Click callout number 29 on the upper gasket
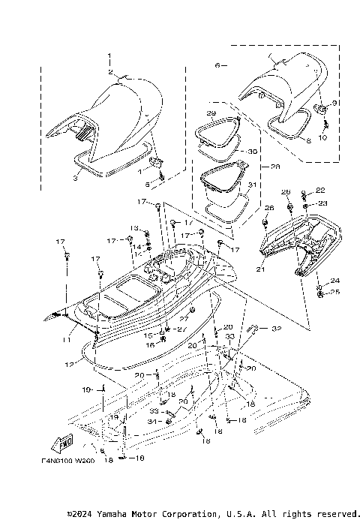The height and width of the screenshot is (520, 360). click(211, 113)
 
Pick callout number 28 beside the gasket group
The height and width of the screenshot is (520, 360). click(253, 167)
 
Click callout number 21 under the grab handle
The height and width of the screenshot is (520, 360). click(260, 269)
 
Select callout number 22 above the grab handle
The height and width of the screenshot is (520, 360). click(320, 190)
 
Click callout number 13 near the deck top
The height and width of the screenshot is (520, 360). click(135, 227)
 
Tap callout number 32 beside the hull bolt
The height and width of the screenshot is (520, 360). click(276, 328)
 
